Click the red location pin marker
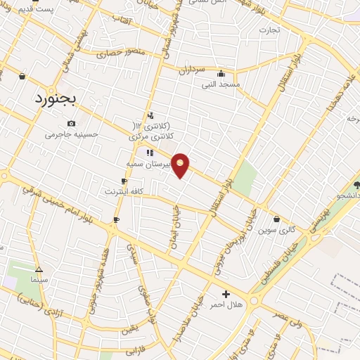tap(181, 165)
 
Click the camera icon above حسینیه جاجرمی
tap(71, 124)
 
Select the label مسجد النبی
tap(221, 84)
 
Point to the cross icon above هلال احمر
tap(226, 294)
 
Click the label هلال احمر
tap(226, 304)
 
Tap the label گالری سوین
tap(276, 230)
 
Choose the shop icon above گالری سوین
tap(276, 219)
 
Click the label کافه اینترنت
tap(124, 191)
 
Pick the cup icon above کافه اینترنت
tap(124, 181)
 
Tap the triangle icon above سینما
tap(39, 269)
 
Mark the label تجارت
tap(269, 30)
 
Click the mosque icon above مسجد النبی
tap(221, 74)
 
